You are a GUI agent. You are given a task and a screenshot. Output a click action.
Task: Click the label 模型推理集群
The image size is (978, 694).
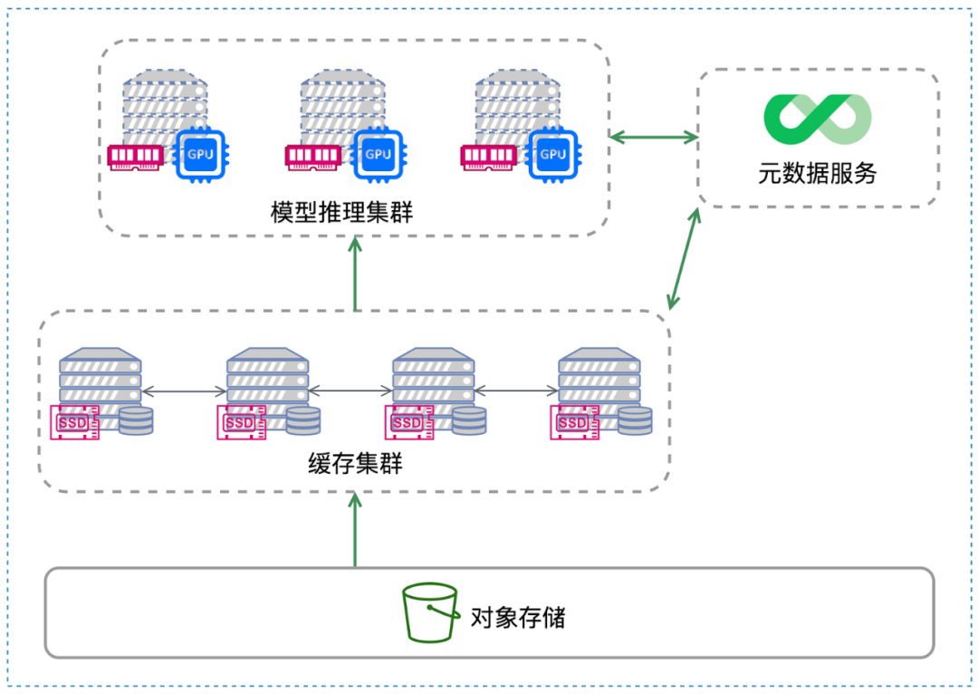[342, 213]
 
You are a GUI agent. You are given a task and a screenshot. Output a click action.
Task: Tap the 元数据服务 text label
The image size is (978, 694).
[817, 172]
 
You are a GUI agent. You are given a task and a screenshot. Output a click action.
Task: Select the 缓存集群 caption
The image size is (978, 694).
[355, 465]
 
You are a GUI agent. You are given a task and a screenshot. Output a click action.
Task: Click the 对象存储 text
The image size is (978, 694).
[518, 618]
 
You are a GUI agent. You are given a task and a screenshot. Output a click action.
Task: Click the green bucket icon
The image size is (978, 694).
[430, 612]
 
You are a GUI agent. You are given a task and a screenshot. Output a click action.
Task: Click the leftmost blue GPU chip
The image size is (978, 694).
[200, 154]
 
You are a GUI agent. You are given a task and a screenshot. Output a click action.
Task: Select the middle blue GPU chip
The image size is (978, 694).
[378, 154]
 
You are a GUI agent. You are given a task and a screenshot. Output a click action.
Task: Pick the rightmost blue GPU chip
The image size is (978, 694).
[553, 154]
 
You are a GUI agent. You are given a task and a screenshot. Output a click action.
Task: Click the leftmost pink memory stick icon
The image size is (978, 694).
[137, 157]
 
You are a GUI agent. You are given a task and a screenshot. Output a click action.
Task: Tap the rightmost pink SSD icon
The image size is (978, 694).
[573, 423]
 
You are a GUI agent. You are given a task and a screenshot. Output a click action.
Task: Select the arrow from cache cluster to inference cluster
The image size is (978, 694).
[355, 273]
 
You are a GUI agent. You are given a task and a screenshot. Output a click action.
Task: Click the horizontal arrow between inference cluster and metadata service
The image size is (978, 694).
[653, 138]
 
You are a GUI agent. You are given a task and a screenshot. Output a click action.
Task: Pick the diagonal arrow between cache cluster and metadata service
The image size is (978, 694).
[684, 258]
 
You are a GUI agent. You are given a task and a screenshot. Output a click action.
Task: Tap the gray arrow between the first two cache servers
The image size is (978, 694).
[184, 391]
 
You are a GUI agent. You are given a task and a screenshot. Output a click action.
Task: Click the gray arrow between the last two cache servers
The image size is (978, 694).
[516, 391]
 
